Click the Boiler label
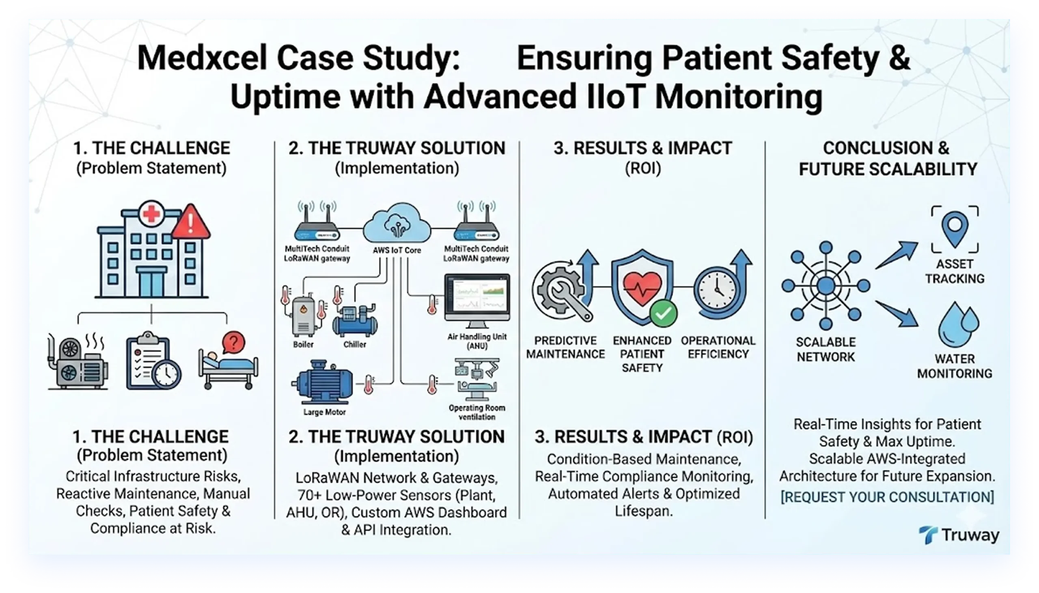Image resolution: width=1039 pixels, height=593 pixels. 303,344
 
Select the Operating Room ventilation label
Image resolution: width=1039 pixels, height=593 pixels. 477,412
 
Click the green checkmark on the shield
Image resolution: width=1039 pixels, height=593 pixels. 663,313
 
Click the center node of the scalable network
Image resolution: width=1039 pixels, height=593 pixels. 826,285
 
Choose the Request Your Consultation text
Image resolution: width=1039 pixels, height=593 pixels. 887,497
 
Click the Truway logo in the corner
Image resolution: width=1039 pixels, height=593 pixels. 958,535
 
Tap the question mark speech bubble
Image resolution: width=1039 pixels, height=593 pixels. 233,342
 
